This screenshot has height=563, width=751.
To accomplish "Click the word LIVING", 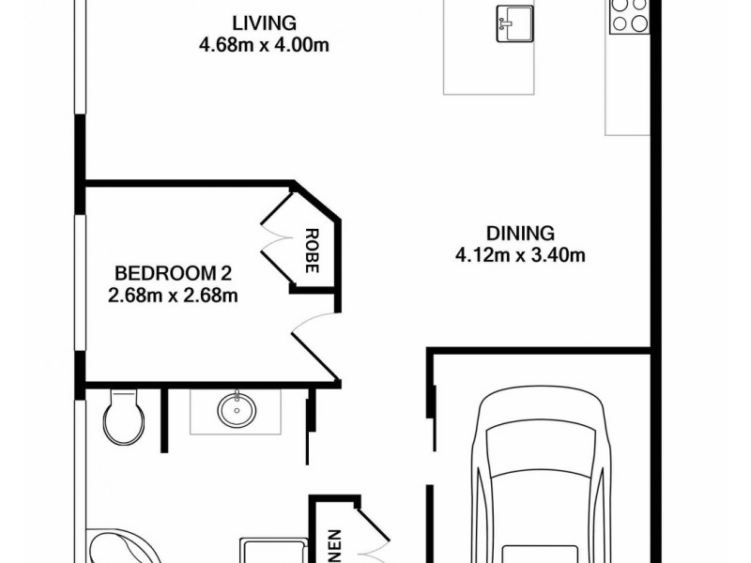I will click(264, 23).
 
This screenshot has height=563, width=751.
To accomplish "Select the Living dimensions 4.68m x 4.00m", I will click(264, 45).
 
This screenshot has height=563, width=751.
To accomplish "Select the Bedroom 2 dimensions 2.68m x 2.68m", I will click(173, 297).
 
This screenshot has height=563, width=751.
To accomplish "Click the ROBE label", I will click(311, 251).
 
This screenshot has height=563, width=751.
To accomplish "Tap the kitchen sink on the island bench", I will click(513, 23).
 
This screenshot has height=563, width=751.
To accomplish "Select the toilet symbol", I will click(123, 418).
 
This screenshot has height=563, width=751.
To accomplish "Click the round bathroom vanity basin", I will click(236, 411).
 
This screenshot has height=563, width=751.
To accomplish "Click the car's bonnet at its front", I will click(539, 422).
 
